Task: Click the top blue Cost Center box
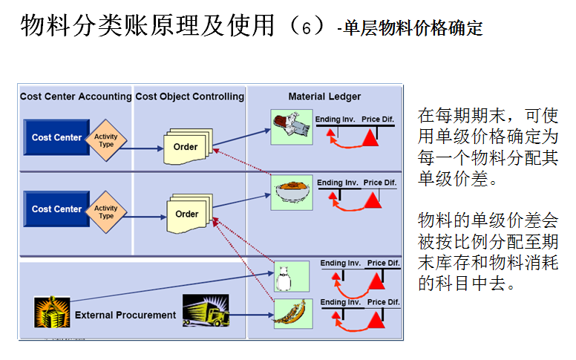56,137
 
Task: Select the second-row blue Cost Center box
56,209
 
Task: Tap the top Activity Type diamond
106,140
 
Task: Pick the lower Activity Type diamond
106,212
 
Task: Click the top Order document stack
186,146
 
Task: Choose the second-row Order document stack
187,214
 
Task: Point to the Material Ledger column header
324,96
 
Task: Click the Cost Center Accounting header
75,96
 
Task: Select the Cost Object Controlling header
190,96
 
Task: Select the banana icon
290,314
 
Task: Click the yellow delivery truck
205,312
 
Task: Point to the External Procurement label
125,315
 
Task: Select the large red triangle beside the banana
376,320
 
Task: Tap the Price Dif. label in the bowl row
379,183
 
